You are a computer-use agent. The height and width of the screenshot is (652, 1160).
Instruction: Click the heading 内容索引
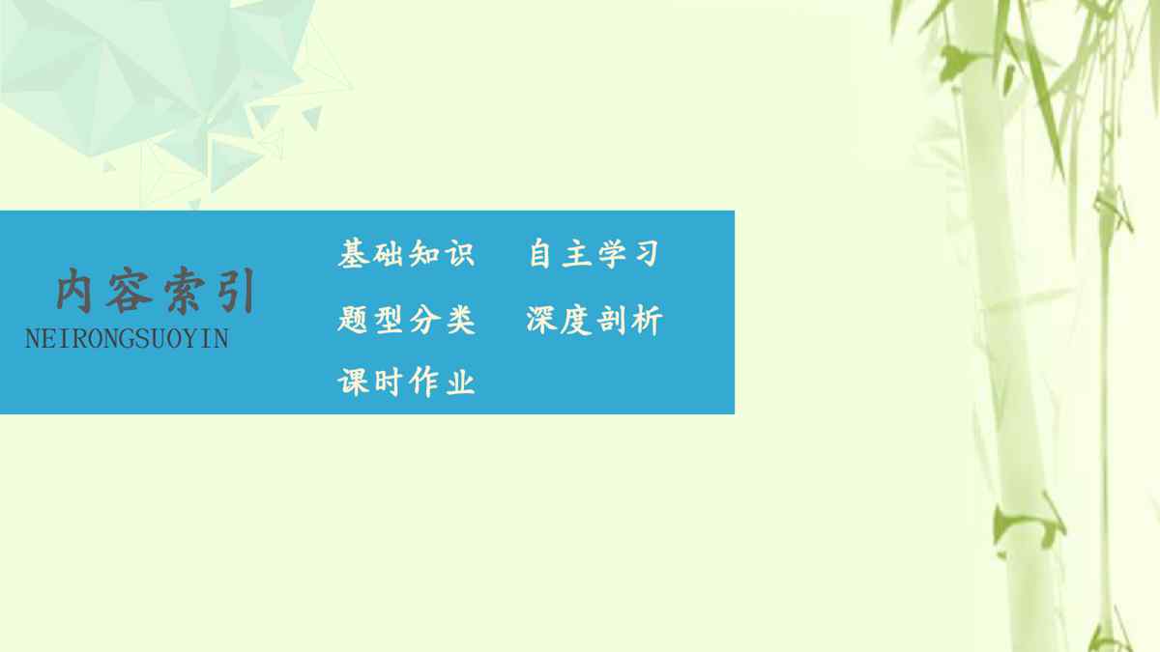click(156, 291)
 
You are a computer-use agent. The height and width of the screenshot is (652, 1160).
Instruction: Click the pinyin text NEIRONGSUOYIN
click(127, 339)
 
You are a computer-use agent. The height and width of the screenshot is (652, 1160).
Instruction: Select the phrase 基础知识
click(407, 253)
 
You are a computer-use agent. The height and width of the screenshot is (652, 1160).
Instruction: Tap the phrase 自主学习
click(594, 253)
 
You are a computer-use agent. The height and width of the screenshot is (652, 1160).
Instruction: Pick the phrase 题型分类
click(407, 320)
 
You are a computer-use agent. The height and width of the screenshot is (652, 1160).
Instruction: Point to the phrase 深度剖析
click(594, 320)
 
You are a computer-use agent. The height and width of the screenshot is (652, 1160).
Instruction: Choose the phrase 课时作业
click(407, 382)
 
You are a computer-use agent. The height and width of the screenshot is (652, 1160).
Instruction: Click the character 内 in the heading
click(74, 291)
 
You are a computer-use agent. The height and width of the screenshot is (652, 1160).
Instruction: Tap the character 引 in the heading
click(237, 291)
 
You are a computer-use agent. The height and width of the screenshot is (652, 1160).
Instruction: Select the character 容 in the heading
click(129, 291)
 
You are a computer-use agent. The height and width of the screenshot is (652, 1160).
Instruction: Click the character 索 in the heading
click(183, 291)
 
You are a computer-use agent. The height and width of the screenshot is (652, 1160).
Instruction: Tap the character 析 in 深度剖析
click(647, 320)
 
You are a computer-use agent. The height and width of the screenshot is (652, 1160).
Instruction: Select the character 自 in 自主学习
click(539, 253)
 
